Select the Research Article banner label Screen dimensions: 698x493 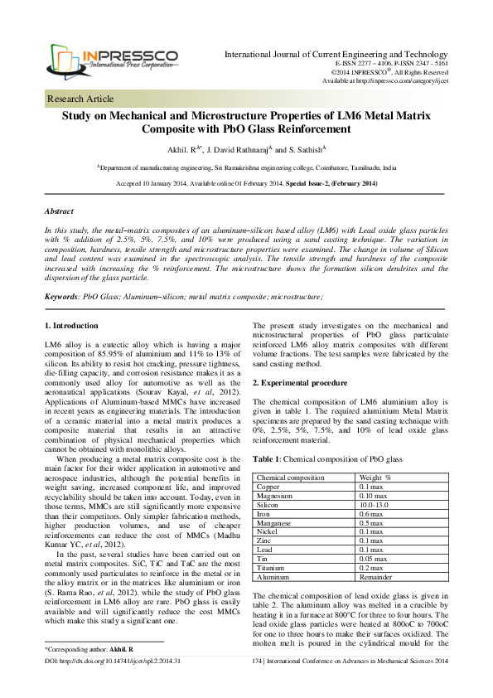[x=81, y=99]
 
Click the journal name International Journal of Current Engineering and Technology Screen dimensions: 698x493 [x=336, y=31]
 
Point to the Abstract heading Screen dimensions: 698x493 [x=59, y=211]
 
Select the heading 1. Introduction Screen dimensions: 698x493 [x=72, y=324]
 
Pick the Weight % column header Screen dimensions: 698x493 [x=375, y=477]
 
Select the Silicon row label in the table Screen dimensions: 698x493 [x=269, y=505]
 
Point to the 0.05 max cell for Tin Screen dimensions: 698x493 [x=375, y=559]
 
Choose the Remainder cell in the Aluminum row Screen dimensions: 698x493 [x=376, y=577]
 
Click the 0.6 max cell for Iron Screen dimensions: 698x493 [x=371, y=514]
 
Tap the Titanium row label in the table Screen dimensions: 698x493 [x=272, y=568]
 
